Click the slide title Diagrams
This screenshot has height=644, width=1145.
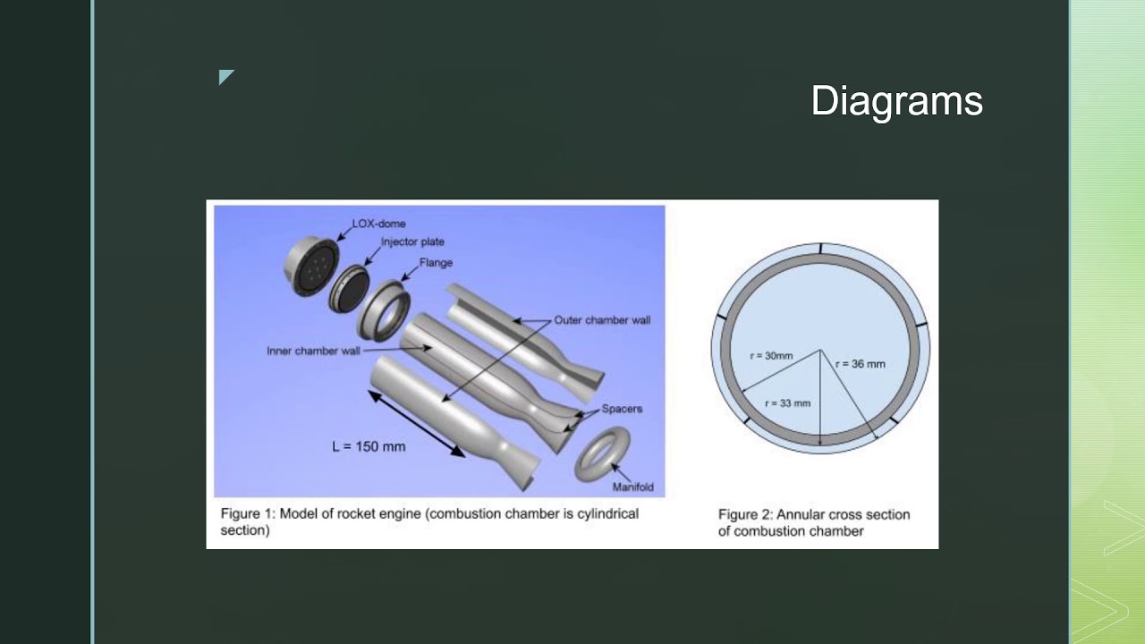pos(896,101)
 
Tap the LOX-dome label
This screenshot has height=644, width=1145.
pos(378,224)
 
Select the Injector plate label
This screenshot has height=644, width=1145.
pos(412,241)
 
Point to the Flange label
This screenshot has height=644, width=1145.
pos(436,263)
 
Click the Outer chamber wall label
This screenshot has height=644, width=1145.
pos(602,320)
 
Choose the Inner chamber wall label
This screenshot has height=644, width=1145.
pos(313,352)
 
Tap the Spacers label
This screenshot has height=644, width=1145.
pos(622,409)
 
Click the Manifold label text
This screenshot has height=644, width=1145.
pos(632,487)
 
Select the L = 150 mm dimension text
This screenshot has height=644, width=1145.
pos(369,446)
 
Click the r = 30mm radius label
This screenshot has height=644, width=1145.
pos(771,356)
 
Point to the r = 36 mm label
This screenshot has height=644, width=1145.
pos(861,364)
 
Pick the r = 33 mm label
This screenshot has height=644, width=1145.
pos(788,403)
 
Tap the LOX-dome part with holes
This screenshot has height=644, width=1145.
pos(310,266)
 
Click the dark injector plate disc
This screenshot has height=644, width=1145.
pos(350,289)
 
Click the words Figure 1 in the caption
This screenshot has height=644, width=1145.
pos(248,513)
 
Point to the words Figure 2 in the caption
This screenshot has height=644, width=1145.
pos(746,514)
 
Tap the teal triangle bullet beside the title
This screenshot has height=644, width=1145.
pos(225,76)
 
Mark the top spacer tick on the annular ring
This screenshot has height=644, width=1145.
pos(821,249)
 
